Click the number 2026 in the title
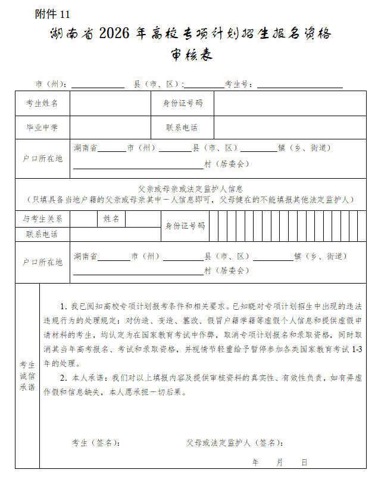click(120, 33)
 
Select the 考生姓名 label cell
click(42, 103)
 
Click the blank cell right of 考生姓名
click(110, 103)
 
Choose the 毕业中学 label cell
click(42, 127)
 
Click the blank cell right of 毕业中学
click(110, 127)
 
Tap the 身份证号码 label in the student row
click(183, 103)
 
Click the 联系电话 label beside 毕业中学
click(182, 127)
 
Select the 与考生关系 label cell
click(42, 219)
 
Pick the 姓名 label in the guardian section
click(111, 219)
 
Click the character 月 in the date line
click(279, 462)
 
